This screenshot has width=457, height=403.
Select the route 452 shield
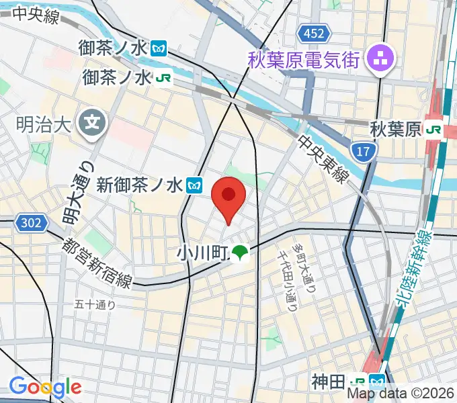(x=314, y=34)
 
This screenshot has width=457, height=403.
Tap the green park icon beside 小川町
(x=240, y=253)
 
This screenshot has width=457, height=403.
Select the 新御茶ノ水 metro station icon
(x=196, y=184)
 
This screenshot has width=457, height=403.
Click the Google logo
(x=45, y=386)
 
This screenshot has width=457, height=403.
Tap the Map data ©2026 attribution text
(x=401, y=393)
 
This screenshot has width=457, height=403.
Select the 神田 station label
(x=328, y=383)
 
